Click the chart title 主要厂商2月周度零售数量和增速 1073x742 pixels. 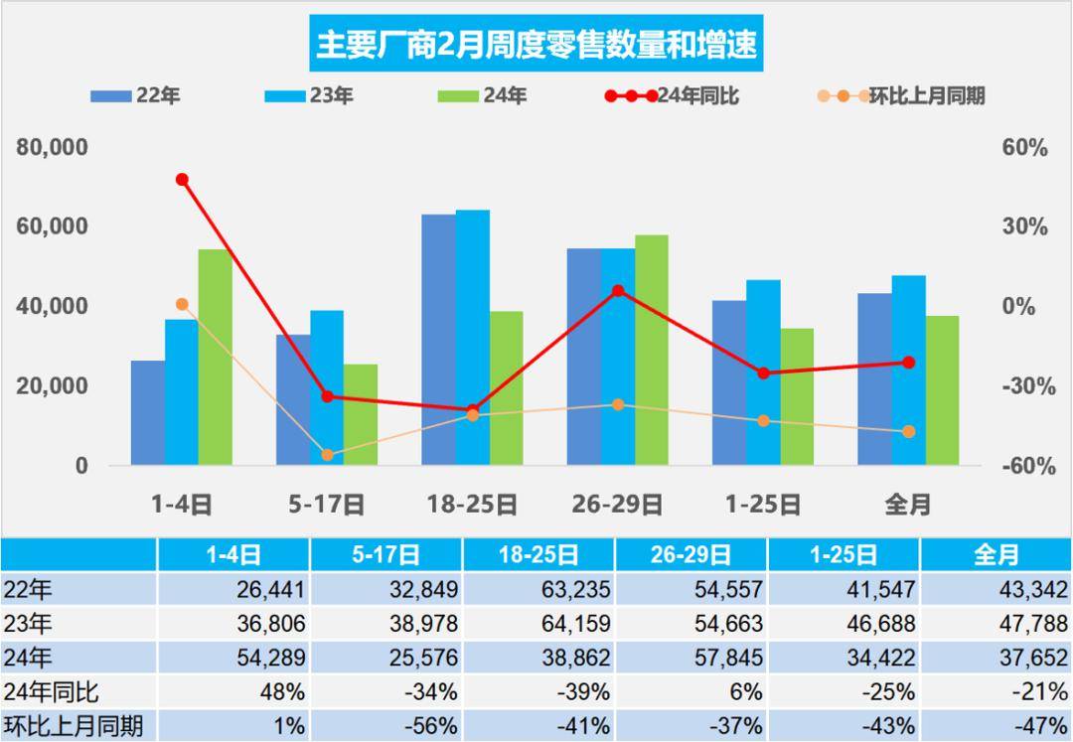[x=536, y=44]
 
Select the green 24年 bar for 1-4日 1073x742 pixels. [x=215, y=358]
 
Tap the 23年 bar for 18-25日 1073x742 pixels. [x=473, y=338]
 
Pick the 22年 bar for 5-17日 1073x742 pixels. [x=293, y=399]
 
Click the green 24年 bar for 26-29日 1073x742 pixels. [x=651, y=350]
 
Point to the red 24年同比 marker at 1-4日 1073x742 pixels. [x=182, y=180]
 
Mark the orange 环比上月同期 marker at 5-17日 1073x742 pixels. [x=327, y=455]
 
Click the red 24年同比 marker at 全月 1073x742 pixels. [x=908, y=363]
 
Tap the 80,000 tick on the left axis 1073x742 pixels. [x=53, y=147]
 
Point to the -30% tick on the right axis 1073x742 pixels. [x=1023, y=386]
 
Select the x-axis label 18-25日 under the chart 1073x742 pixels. [x=473, y=505]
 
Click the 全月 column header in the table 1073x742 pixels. [x=996, y=554]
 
